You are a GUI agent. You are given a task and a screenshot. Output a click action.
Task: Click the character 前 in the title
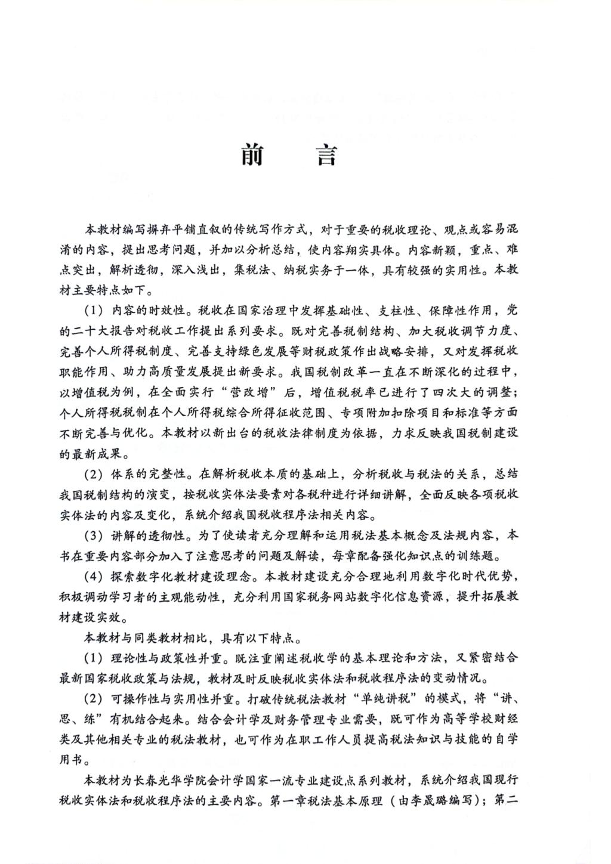tap(255, 156)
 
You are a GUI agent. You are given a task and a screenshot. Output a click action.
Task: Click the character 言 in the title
tap(326, 156)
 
